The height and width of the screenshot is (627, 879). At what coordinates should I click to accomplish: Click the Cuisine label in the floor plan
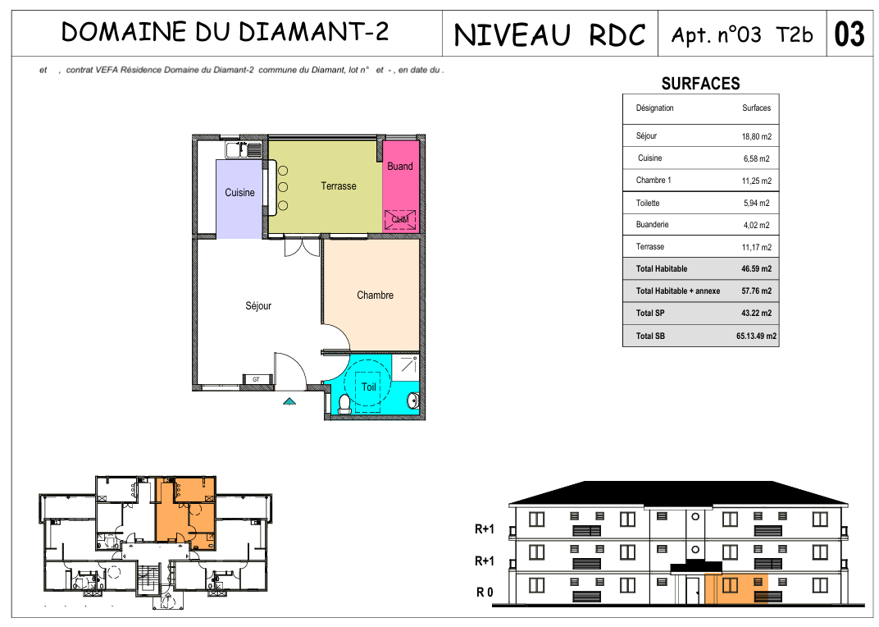pyautogui.click(x=239, y=193)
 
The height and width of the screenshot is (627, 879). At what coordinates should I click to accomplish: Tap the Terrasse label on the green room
pyautogui.click(x=338, y=185)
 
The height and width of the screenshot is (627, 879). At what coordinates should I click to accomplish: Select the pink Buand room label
pyautogui.click(x=399, y=166)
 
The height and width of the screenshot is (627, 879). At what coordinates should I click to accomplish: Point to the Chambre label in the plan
pyautogui.click(x=375, y=295)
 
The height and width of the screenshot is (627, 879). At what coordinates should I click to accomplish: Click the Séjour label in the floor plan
pyautogui.click(x=257, y=306)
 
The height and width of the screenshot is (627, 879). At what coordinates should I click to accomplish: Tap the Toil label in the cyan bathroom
pyautogui.click(x=368, y=387)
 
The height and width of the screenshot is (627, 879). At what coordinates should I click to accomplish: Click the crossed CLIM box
pyautogui.click(x=399, y=219)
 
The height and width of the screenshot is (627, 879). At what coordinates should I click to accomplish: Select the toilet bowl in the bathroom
pyautogui.click(x=344, y=404)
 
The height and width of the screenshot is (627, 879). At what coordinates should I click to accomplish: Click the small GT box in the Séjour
pyautogui.click(x=256, y=379)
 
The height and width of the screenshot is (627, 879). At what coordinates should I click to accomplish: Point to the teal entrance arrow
pyautogui.click(x=289, y=400)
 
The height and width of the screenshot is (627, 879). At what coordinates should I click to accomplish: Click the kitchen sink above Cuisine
pyautogui.click(x=244, y=150)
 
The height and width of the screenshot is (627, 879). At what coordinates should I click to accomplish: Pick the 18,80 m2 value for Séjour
pyautogui.click(x=756, y=136)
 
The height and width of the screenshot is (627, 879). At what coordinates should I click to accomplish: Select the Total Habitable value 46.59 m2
pyautogui.click(x=756, y=269)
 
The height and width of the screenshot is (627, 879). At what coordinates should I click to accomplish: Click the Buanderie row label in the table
pyautogui.click(x=652, y=225)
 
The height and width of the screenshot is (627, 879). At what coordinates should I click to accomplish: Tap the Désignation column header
pyautogui.click(x=654, y=108)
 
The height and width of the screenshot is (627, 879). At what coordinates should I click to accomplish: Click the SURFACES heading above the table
pyautogui.click(x=700, y=84)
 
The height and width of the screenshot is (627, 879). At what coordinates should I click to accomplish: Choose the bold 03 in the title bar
pyautogui.click(x=849, y=34)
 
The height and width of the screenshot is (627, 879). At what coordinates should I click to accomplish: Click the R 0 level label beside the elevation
pyautogui.click(x=485, y=593)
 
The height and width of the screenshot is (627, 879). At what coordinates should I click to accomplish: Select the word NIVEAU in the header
pyautogui.click(x=512, y=34)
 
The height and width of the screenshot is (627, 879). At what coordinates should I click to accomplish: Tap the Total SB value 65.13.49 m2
pyautogui.click(x=756, y=336)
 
